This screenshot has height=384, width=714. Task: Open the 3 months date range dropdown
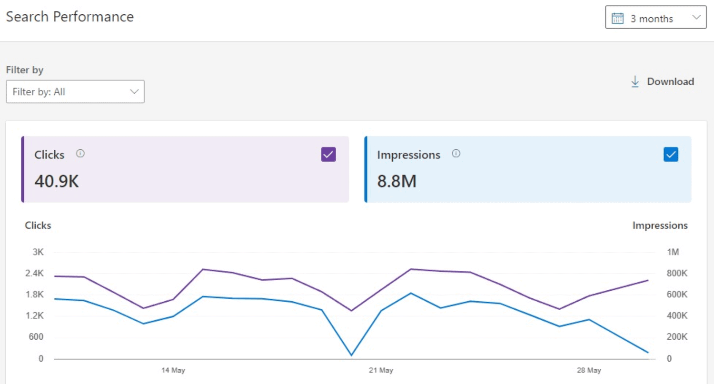point(655,18)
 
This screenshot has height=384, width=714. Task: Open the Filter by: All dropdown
point(75,92)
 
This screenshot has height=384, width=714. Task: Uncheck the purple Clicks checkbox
point(328,154)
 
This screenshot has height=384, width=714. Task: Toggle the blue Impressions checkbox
point(671,154)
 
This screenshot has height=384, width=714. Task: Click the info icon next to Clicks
point(80,154)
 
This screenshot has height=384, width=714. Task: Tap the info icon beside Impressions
point(456,154)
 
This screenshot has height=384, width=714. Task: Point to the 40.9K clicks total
point(57,181)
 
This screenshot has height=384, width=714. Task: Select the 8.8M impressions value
point(397,181)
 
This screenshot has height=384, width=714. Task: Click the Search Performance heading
point(69,17)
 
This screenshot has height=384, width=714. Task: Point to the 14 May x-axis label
point(173,370)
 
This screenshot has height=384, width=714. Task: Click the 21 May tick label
point(381,370)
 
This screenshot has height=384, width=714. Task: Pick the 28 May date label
point(589,370)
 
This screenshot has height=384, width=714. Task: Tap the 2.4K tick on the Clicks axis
point(34,273)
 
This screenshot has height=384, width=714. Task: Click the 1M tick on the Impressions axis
point(673,252)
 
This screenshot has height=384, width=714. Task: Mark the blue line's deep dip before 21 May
point(351,355)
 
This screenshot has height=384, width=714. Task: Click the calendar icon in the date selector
point(617,19)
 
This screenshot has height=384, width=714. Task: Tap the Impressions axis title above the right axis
point(660,226)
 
